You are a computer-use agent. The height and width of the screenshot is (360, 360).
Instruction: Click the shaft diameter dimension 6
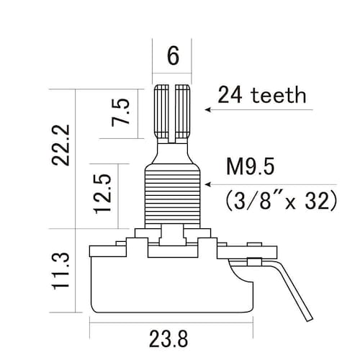173,55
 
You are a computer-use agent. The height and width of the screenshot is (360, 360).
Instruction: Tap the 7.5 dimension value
120,112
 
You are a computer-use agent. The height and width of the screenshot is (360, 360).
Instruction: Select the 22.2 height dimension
60,145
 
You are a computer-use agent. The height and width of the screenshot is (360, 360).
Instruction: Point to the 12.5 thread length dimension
103,194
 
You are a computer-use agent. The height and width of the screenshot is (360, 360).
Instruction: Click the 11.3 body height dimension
60,271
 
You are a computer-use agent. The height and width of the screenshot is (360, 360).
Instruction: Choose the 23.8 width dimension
168,339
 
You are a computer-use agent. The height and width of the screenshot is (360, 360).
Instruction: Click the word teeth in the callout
279,95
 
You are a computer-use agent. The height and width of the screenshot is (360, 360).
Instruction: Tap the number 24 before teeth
230,95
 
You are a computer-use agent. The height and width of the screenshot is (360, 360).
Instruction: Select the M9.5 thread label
251,166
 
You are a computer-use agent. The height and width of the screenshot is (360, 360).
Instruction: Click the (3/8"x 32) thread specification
282,201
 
